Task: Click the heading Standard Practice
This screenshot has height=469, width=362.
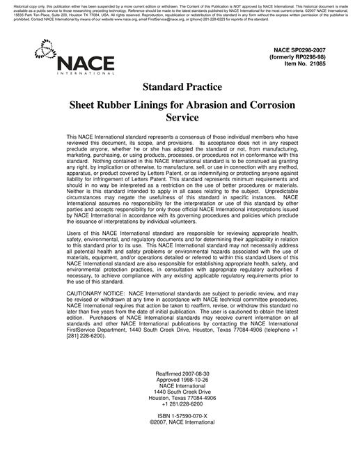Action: coord(182,87)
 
